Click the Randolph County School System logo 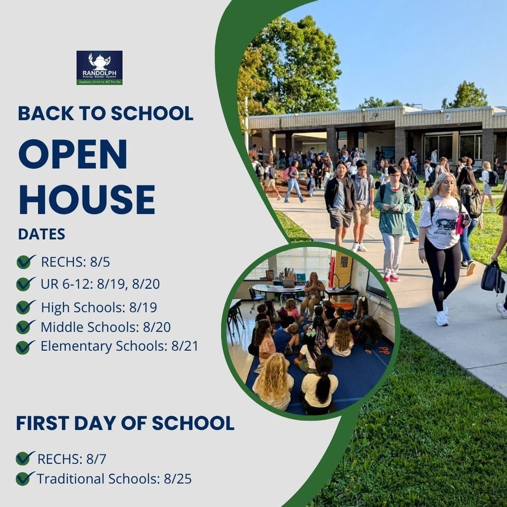[x=99, y=67]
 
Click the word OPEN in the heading [x=73, y=154]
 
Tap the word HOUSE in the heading [x=87, y=200]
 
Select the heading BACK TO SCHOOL [x=105, y=113]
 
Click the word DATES [x=42, y=234]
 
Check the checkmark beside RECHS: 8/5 [x=25, y=261]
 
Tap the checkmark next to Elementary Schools [x=25, y=347]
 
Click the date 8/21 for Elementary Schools [x=184, y=346]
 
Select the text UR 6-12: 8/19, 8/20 [x=100, y=284]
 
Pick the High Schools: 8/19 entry [x=99, y=307]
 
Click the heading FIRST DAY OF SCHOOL [x=125, y=423]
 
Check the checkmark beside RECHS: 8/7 [x=25, y=458]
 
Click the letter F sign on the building [x=448, y=117]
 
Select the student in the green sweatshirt [x=394, y=213]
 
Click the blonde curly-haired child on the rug [x=273, y=381]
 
